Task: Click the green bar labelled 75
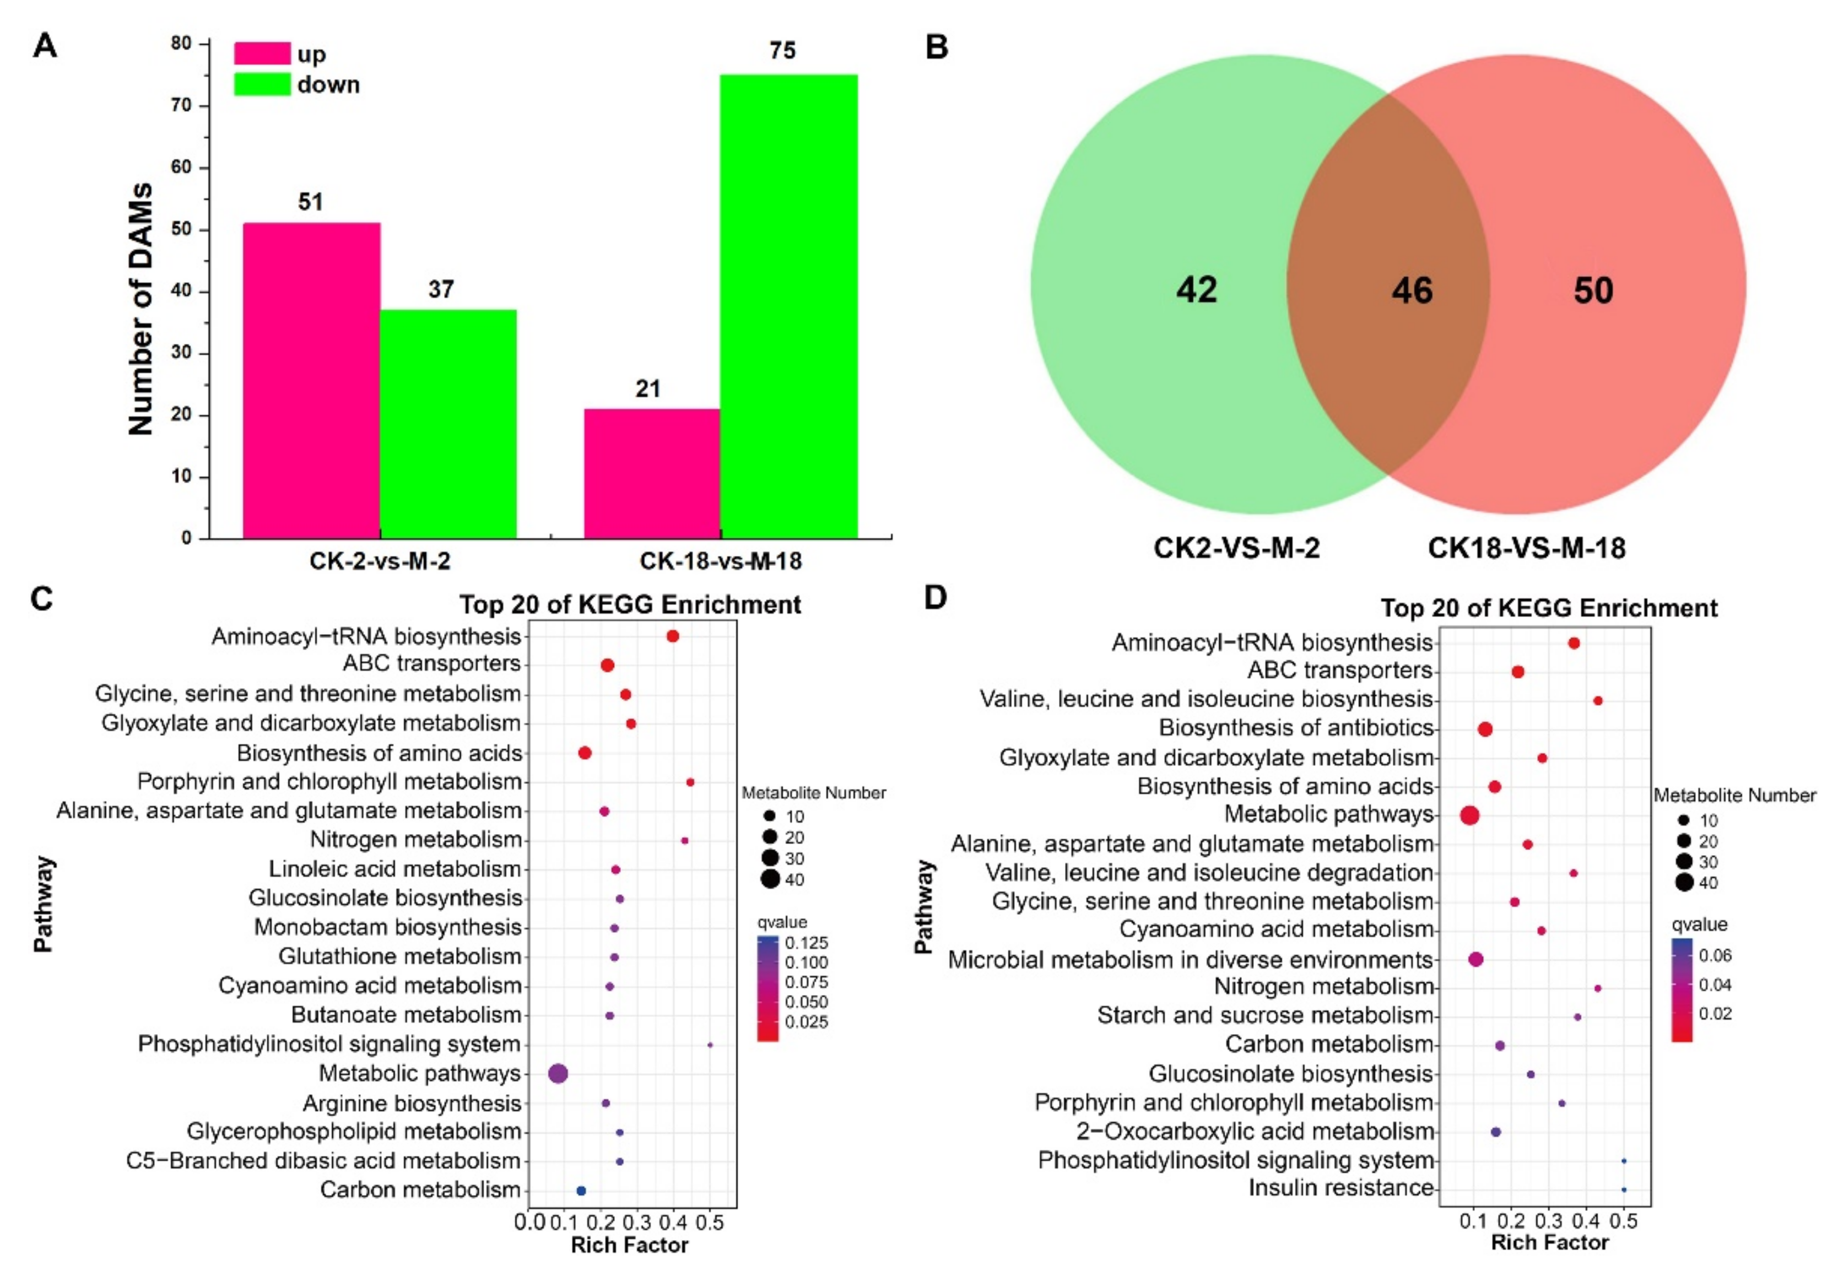tap(788, 306)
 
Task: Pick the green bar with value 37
tap(448, 424)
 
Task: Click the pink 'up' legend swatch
tap(261, 53)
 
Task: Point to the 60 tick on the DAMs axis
tap(181, 167)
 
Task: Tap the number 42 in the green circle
tap(1196, 289)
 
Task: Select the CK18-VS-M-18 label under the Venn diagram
tap(1526, 548)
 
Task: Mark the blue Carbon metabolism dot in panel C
tap(581, 1191)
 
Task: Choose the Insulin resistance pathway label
tap(1340, 1188)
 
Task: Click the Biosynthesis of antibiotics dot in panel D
tap(1485, 729)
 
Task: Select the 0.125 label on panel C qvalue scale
tap(806, 943)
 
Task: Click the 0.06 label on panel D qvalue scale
tap(1715, 955)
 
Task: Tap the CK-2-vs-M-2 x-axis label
tap(380, 561)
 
